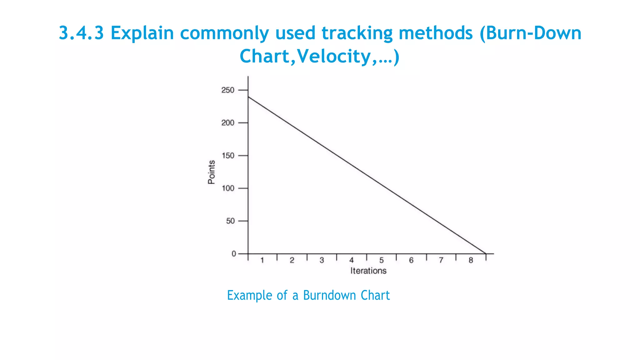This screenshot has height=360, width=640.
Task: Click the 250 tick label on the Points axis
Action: click(x=227, y=90)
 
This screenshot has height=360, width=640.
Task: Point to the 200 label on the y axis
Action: click(x=227, y=123)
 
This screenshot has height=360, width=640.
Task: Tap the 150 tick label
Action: click(x=227, y=156)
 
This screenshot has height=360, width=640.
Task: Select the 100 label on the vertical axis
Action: click(x=227, y=188)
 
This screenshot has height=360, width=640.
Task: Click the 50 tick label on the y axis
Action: click(x=230, y=221)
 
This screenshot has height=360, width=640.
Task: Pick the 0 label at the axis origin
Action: click(x=233, y=254)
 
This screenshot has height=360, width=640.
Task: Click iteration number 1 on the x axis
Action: click(x=262, y=260)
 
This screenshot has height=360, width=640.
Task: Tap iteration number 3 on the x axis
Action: click(x=322, y=260)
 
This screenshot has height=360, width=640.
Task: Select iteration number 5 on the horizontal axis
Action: click(x=381, y=260)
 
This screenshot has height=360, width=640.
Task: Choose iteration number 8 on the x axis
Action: click(x=471, y=260)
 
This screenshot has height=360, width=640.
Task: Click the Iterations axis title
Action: click(x=368, y=271)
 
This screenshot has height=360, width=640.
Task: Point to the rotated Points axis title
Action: click(x=212, y=172)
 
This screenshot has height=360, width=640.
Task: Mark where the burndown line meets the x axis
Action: click(x=486, y=253)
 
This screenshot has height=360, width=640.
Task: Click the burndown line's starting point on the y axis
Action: click(x=248, y=97)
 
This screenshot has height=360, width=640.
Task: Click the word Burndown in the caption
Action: click(x=329, y=295)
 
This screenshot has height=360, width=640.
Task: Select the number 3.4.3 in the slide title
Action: click(x=81, y=33)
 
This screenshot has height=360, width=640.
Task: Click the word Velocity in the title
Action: click(x=333, y=56)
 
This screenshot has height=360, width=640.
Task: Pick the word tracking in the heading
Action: click(x=357, y=33)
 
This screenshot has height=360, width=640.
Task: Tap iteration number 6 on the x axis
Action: click(x=411, y=260)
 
